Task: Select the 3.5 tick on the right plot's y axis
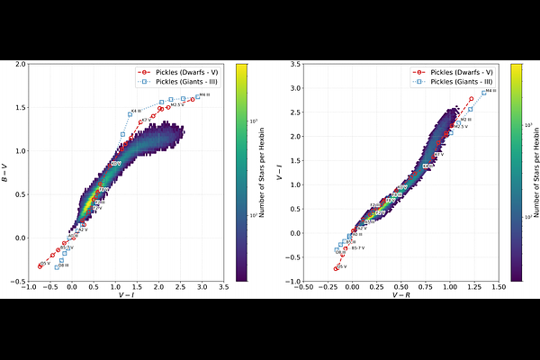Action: [298, 64]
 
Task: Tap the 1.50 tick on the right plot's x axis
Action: [499, 287]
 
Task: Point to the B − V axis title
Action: [6, 173]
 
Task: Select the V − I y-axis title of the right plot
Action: [282, 173]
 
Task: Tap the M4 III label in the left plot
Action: [204, 94]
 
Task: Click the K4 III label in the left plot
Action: [136, 111]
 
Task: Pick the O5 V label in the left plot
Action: [44, 264]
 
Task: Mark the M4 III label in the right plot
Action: [490, 91]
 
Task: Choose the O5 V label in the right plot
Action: [342, 267]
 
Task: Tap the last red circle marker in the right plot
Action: [471, 98]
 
